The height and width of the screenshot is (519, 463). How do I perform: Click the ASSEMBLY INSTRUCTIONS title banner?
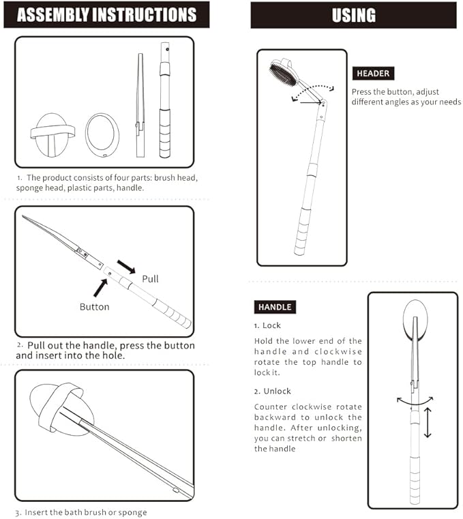pos(106,14)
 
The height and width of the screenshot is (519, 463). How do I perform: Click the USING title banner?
pos(353,15)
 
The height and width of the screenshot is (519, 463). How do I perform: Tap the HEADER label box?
pos(373,74)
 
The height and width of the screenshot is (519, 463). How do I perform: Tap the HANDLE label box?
pos(275,307)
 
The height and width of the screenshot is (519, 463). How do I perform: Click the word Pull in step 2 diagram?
pos(150,279)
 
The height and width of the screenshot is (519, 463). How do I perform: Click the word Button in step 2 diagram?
pos(94,307)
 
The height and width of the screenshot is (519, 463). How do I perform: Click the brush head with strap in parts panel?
pos(50,133)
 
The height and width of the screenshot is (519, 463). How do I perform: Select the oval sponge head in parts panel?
pos(102,133)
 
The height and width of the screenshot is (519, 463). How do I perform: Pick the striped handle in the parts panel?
pos(164,102)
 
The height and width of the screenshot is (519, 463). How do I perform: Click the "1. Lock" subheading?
pos(267,326)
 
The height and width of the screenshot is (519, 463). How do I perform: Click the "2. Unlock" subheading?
pos(273,391)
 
